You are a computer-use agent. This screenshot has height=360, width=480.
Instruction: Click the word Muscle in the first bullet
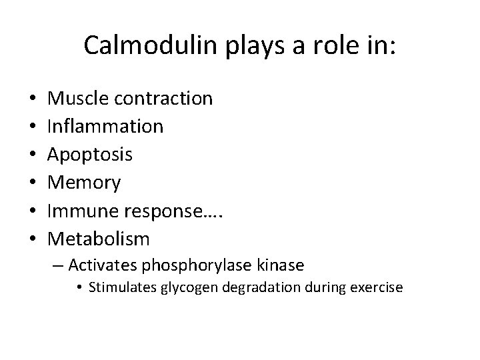pos(80,99)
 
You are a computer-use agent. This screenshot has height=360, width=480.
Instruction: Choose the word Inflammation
pos(105,127)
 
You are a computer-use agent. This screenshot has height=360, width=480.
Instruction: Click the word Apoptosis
pos(90,155)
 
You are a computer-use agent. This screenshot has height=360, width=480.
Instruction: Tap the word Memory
pos(85,182)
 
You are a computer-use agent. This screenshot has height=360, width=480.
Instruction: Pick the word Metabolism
pos(99,238)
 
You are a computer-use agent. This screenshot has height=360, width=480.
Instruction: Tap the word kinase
pos(283,265)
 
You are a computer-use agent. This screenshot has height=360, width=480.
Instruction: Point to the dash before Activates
pos(73,266)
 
